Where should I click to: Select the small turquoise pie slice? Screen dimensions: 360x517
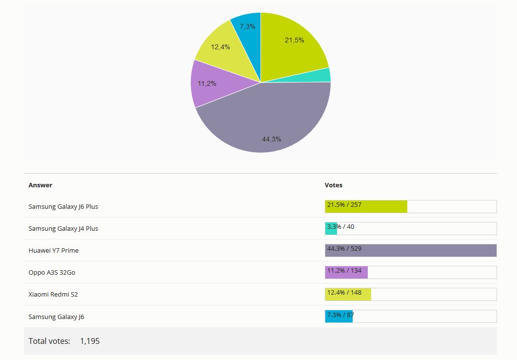click(322, 75)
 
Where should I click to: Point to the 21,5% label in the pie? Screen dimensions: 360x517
click(294, 40)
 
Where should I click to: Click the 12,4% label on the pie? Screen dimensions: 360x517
click(220, 47)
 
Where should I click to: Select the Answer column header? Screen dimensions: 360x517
click(40, 185)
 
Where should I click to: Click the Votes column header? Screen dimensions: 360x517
click(334, 185)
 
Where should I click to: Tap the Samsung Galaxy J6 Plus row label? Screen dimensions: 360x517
click(63, 206)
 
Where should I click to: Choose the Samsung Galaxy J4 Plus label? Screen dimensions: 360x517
click(63, 228)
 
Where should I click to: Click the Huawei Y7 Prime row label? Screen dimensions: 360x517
click(54, 250)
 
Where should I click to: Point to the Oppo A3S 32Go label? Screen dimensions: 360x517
click(52, 272)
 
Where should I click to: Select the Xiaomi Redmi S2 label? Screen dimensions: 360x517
click(53, 295)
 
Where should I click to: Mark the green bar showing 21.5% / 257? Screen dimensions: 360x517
click(366, 206)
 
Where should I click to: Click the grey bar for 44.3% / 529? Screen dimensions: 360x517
click(411, 250)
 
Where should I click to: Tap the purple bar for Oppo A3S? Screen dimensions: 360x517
click(346, 272)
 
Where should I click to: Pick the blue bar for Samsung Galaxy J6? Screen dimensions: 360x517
click(338, 317)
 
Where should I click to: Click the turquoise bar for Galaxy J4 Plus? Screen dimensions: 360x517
click(331, 228)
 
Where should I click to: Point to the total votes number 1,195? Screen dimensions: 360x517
click(90, 341)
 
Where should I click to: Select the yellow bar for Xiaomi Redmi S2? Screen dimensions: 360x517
click(348, 295)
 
